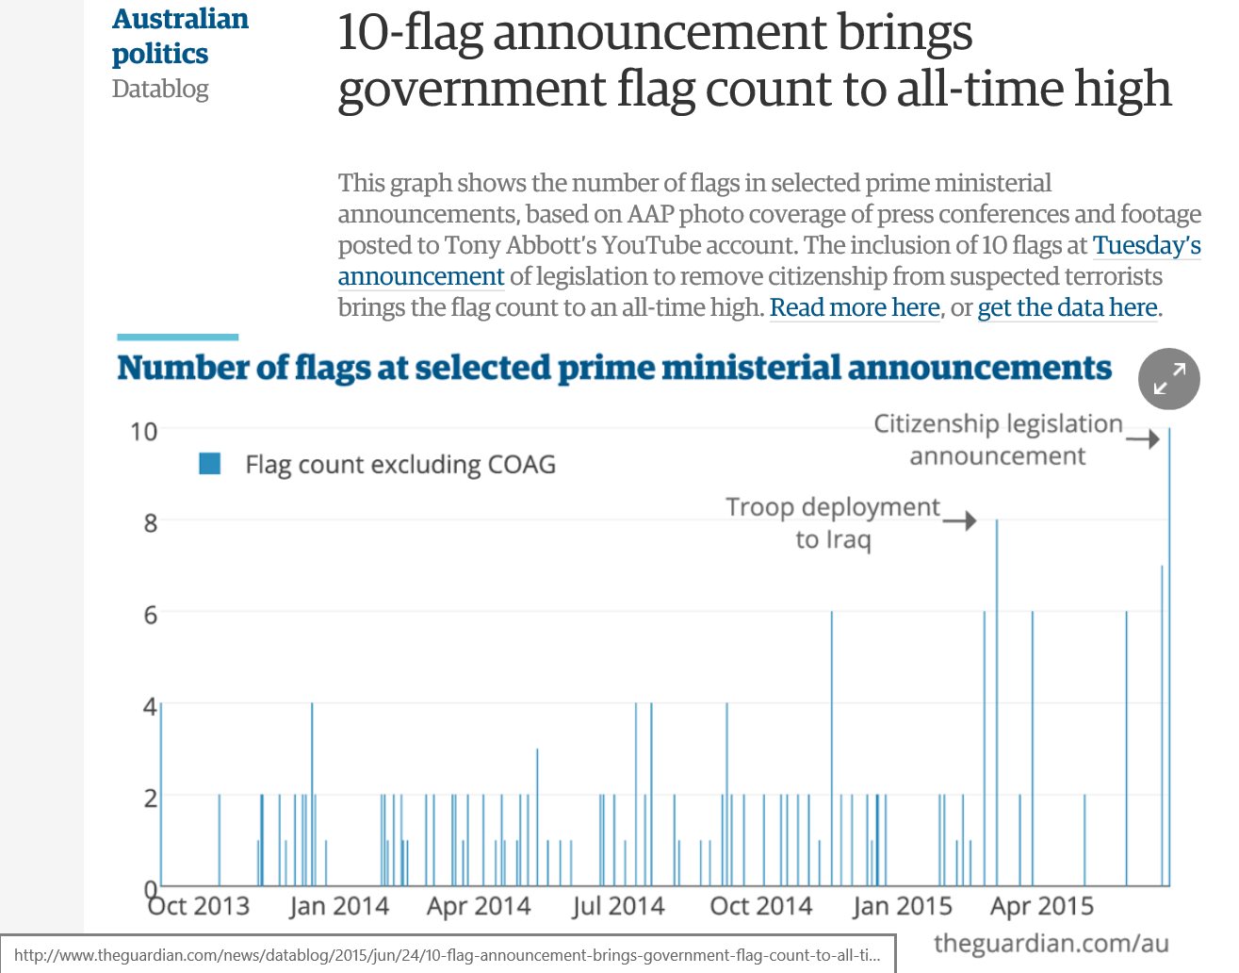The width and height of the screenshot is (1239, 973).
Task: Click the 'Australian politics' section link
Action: [x=179, y=36]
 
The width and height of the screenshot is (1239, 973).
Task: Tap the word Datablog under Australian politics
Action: [x=160, y=89]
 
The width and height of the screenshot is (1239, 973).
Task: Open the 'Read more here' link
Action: [x=855, y=307]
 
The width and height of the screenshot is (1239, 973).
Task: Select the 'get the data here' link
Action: [x=1068, y=307]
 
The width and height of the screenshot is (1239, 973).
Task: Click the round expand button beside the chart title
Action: [x=1168, y=379]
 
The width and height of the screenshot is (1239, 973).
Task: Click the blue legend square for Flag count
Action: [x=210, y=463]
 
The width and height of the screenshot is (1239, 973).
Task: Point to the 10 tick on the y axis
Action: [x=144, y=432]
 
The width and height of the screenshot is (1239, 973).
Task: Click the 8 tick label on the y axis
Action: [x=151, y=522]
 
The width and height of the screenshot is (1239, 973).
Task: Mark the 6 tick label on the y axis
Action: [x=151, y=615]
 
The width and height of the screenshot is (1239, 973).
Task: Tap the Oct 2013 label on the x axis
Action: [x=200, y=906]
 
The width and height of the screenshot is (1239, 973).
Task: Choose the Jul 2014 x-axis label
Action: [x=619, y=906]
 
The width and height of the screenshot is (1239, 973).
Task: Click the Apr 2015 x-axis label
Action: [x=1042, y=906]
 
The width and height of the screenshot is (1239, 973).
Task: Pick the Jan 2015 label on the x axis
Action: [x=902, y=906]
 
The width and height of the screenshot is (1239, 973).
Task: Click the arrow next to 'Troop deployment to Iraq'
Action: [x=959, y=520]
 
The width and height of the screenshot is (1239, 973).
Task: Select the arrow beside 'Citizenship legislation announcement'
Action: [x=1142, y=438]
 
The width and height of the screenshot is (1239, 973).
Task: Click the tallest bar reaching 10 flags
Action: [x=1169, y=660]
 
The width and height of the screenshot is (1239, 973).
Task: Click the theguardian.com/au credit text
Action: [x=1051, y=943]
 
